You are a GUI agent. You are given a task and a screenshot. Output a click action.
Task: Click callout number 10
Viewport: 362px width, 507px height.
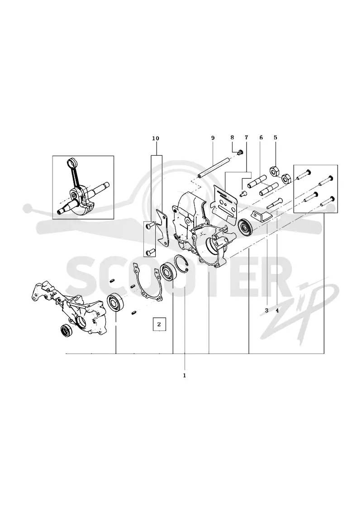pyautogui.click(x=156, y=139)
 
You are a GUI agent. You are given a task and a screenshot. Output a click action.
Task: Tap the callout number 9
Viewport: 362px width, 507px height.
pyautogui.click(x=213, y=138)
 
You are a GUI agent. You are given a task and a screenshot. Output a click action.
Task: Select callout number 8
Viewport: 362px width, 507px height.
pyautogui.click(x=232, y=138)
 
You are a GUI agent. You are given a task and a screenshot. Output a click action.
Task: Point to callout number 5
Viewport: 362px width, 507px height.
pyautogui.click(x=276, y=138)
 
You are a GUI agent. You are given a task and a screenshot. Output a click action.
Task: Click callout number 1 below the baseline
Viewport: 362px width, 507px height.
pyautogui.click(x=185, y=375)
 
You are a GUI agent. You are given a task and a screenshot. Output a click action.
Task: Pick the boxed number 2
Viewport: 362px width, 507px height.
pyautogui.click(x=159, y=324)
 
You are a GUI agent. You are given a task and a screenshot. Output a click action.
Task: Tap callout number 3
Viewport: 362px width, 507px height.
pyautogui.click(x=267, y=311)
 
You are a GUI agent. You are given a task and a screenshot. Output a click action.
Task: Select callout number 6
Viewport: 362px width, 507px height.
pyautogui.click(x=261, y=138)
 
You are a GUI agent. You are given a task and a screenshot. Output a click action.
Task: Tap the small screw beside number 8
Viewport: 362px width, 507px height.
pyautogui.click(x=240, y=152)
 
